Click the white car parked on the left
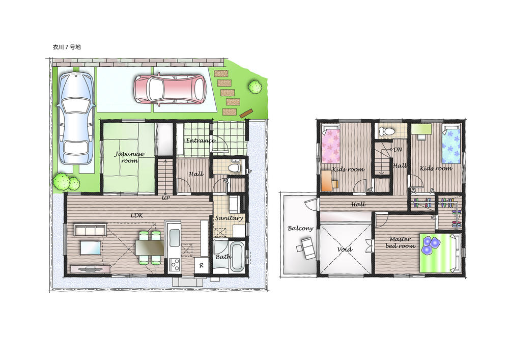point(76,117)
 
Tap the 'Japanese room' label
point(129,157)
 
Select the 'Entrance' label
point(200,141)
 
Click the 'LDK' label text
point(137,215)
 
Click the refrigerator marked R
point(202,266)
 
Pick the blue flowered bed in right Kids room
point(451,146)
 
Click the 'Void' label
point(345,250)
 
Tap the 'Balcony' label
point(300,228)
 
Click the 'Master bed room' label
point(400,242)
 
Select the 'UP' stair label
point(165,198)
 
